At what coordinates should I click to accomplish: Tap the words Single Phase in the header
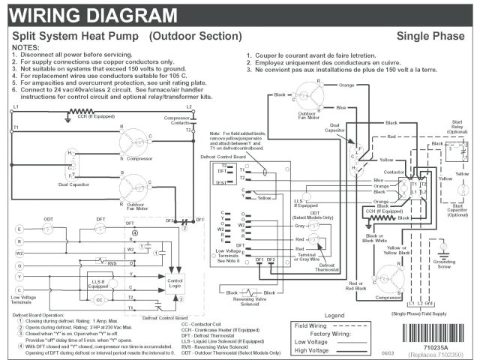tap(431, 36)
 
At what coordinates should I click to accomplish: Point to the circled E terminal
tap(19, 228)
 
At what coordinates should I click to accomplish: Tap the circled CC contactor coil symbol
tap(98, 298)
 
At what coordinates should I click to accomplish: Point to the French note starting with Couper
tap(327, 56)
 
